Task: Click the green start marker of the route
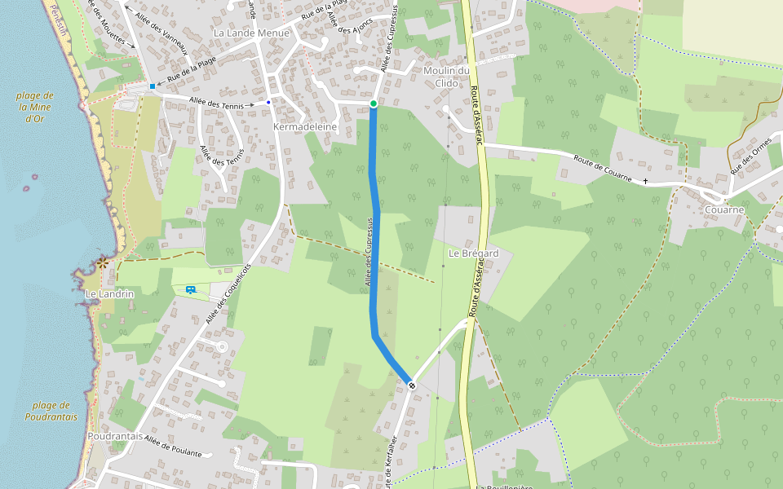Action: [374, 104]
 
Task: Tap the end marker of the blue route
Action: [412, 385]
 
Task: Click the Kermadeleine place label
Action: [306, 127]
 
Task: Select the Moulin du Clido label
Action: [447, 77]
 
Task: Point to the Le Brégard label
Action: [474, 253]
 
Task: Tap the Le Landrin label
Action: [109, 293]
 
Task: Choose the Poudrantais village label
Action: [115, 436]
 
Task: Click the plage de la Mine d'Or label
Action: [35, 107]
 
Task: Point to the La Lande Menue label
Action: [251, 33]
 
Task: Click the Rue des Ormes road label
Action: [751, 156]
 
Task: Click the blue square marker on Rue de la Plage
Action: [153, 86]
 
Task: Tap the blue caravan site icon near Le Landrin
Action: [190, 289]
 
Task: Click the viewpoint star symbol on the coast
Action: [103, 262]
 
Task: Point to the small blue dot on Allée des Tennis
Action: [268, 102]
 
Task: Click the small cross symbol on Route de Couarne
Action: [645, 180]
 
